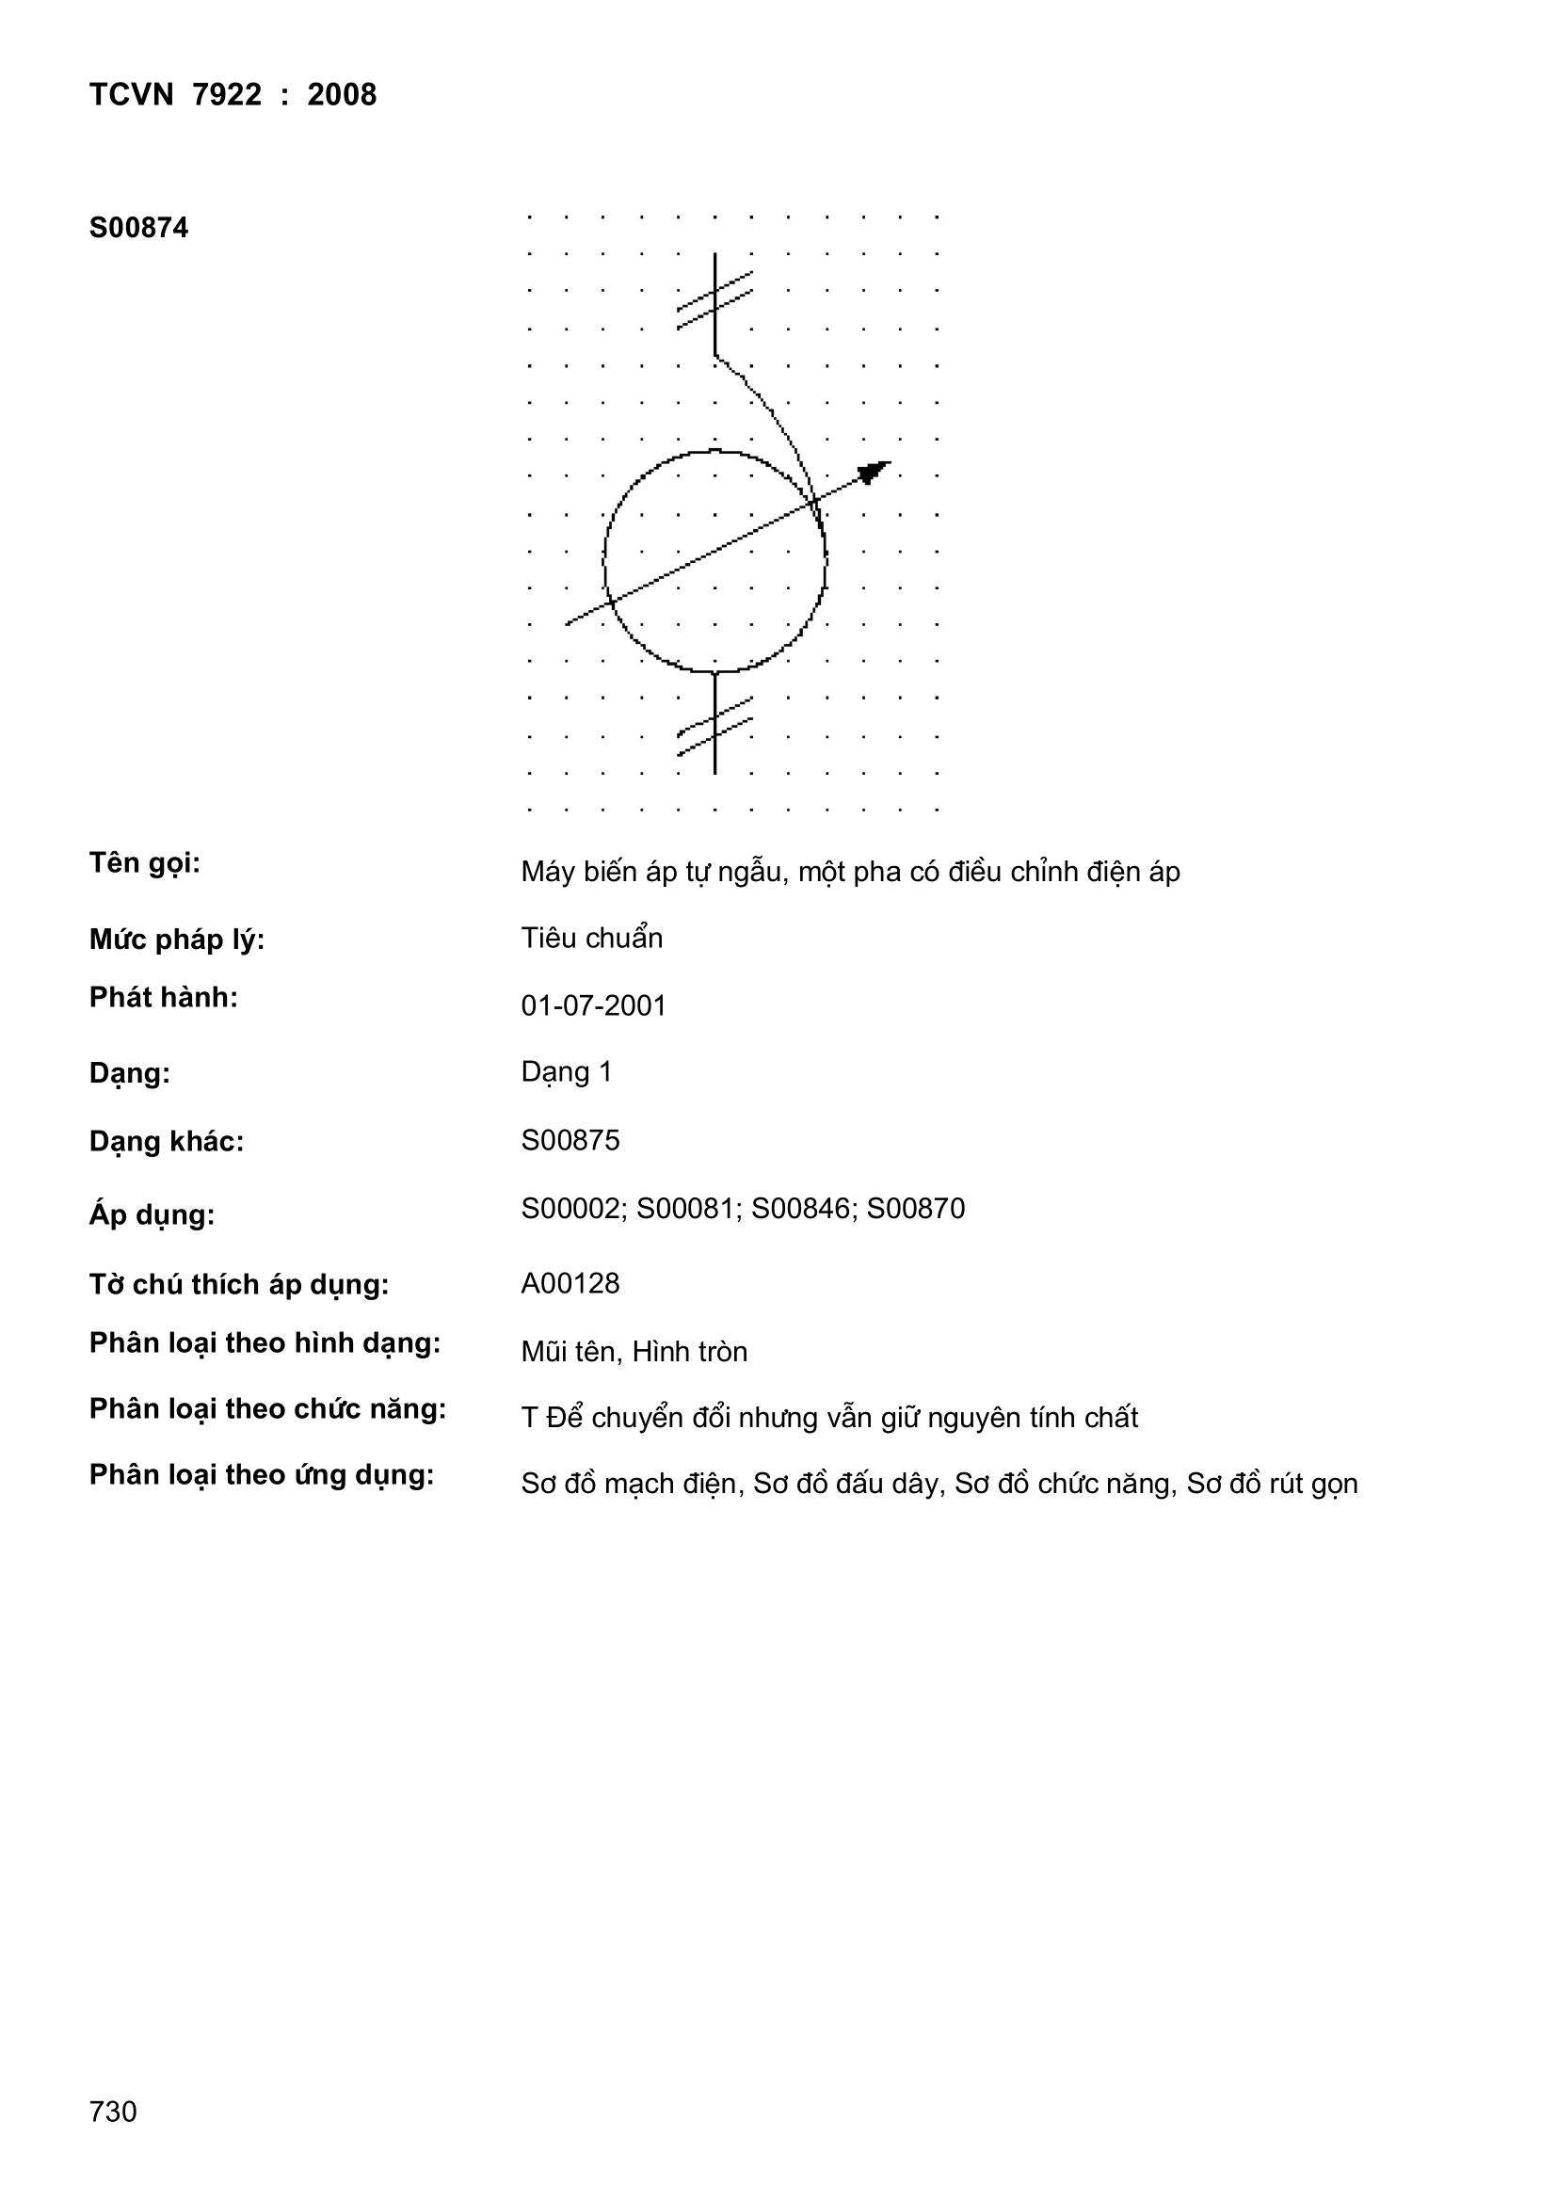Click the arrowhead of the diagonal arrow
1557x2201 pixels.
[873, 472]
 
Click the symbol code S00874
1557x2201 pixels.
[139, 228]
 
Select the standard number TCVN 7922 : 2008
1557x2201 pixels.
[233, 95]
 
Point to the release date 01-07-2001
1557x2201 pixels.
[593, 1005]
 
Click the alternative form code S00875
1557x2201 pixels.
[570, 1140]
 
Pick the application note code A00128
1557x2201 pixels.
[570, 1282]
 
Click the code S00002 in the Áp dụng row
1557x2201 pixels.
[571, 1208]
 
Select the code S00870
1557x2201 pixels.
[916, 1208]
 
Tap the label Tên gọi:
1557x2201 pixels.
[145, 863]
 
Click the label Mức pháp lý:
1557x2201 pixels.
[176, 940]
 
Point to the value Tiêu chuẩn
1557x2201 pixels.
[591, 938]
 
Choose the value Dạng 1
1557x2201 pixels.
[567, 1071]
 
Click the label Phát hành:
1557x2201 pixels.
[163, 998]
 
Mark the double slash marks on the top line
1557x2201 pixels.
[714, 300]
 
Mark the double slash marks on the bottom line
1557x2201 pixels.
[714, 726]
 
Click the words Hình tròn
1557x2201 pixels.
[689, 1352]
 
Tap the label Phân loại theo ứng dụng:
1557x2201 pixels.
[262, 1474]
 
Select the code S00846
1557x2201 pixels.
[800, 1208]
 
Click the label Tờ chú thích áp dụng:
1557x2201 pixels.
[240, 1285]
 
